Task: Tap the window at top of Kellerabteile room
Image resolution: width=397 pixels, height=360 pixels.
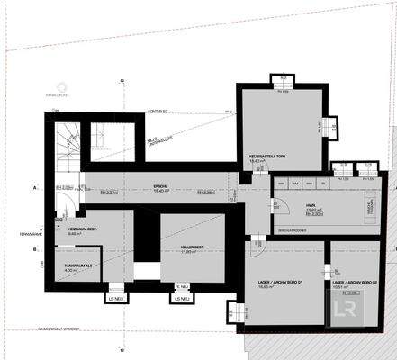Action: pos(281,91)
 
